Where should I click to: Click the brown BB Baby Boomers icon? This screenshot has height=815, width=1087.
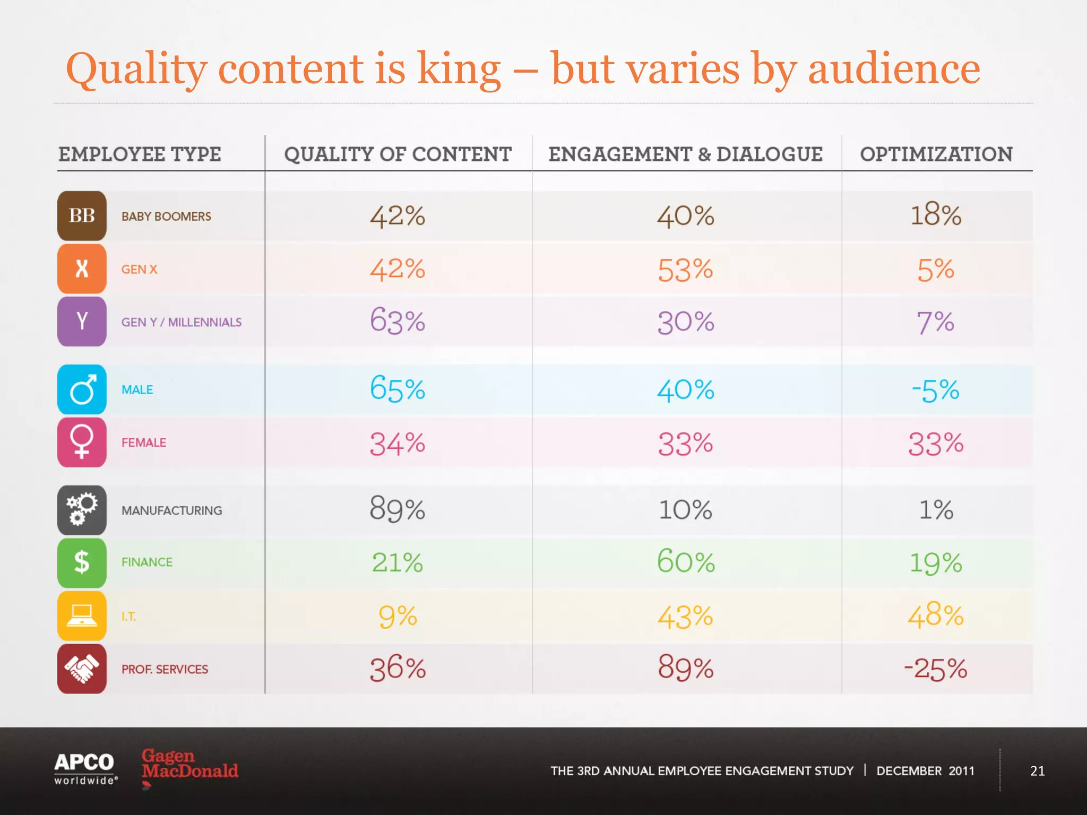tap(82, 216)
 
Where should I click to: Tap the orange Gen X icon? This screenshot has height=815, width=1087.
tap(82, 269)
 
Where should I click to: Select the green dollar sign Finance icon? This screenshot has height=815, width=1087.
tap(82, 562)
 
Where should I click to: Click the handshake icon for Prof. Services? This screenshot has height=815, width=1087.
tap(82, 669)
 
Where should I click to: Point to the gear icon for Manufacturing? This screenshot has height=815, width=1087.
tap(82, 510)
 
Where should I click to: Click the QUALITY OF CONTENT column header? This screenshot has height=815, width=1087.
tap(398, 154)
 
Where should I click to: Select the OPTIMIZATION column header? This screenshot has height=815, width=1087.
tap(936, 154)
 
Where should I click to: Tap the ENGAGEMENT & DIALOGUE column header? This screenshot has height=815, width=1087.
tap(685, 154)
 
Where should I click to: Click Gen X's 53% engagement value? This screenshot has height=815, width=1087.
tap(685, 270)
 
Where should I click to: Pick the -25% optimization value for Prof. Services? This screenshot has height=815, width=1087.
tap(936, 669)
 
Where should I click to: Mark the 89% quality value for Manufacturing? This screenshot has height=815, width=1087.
tap(398, 509)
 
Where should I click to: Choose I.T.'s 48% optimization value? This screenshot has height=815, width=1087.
tap(936, 615)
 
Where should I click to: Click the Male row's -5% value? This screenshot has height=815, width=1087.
tap(936, 390)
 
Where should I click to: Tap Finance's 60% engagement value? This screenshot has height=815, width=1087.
tap(685, 562)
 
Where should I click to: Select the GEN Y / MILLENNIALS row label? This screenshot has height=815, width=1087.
tap(181, 322)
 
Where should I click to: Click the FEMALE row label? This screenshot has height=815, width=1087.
tap(143, 443)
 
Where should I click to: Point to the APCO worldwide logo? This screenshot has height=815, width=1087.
tap(85, 768)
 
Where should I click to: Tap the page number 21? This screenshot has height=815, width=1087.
tap(1037, 770)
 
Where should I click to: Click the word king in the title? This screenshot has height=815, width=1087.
tap(459, 70)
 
